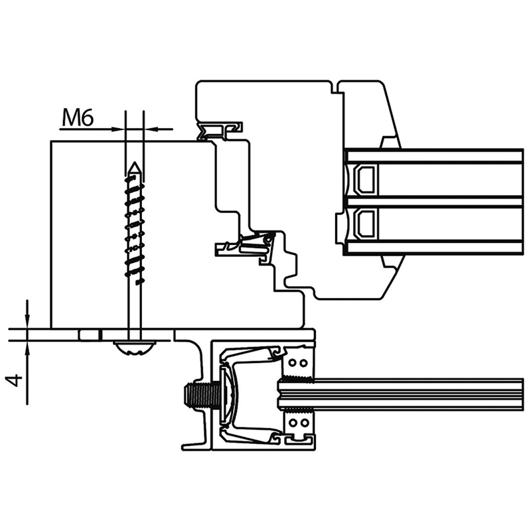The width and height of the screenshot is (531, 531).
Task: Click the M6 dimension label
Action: tap(78, 118)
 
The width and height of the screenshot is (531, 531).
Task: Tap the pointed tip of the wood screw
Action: tap(135, 163)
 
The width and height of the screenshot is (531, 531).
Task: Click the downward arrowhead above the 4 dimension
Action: tap(27, 321)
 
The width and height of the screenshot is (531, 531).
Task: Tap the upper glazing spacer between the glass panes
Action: tap(365, 180)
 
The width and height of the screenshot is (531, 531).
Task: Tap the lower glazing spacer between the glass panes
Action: tap(365, 224)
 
